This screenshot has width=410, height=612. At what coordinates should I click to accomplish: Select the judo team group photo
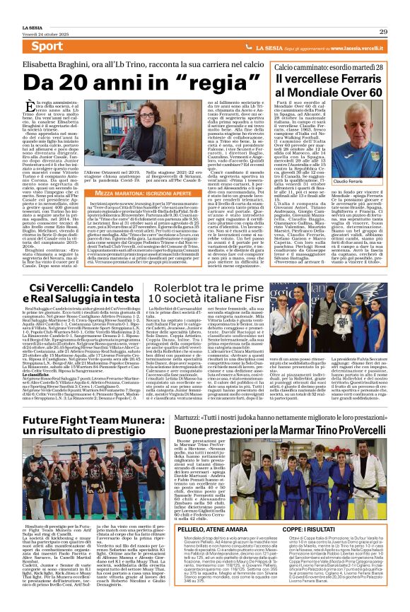(314, 480)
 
